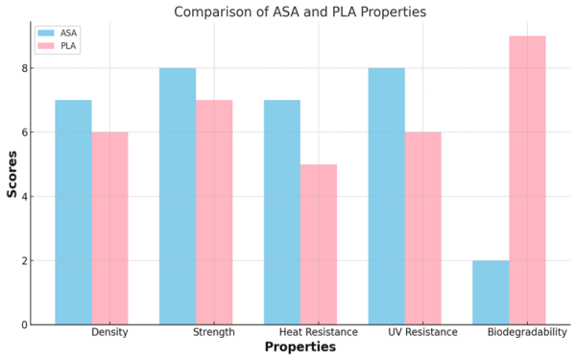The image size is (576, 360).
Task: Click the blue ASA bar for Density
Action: [73, 212]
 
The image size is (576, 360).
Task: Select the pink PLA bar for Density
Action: [109, 228]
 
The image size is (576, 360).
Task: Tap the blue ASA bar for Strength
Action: [178, 197]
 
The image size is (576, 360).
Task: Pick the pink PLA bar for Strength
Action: [214, 212]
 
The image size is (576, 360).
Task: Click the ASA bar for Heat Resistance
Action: [282, 212]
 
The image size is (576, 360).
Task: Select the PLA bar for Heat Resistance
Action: [319, 245]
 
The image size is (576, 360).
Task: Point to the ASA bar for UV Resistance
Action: [387, 197]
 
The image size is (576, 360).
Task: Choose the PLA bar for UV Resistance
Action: [423, 228]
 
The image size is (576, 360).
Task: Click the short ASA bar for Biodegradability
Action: [491, 293]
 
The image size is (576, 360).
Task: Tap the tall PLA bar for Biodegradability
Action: [527, 180]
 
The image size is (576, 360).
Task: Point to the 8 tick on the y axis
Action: [23, 69]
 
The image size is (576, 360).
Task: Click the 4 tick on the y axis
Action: [23, 197]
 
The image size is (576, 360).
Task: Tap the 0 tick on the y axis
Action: [23, 324]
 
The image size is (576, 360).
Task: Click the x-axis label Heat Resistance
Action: [319, 332]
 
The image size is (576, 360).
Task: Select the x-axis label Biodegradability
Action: [527, 332]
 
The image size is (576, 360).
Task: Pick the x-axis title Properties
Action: [300, 348]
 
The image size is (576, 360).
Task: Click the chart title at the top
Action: [300, 12]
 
